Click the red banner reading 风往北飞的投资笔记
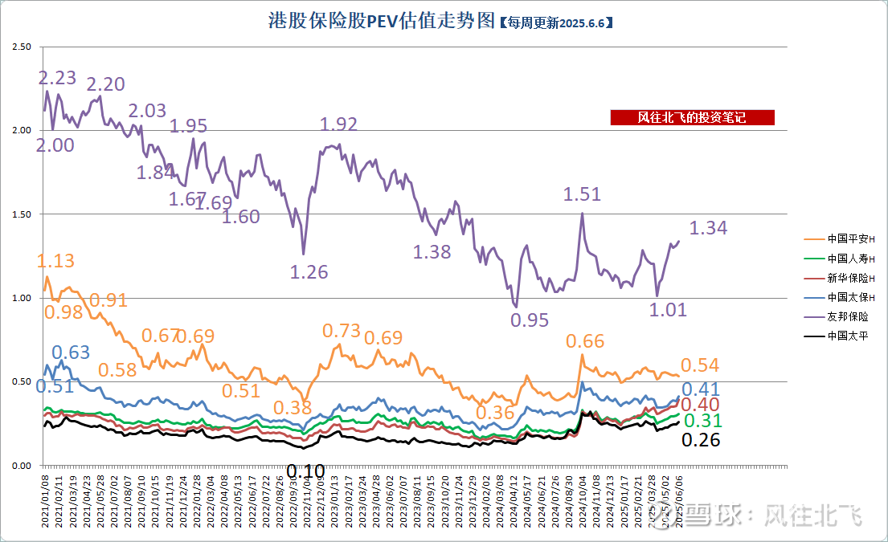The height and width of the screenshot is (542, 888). [692, 118]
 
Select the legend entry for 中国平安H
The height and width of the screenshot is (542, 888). [840, 239]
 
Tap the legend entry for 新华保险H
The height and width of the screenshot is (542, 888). [840, 278]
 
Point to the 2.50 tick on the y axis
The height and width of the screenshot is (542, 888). [22, 47]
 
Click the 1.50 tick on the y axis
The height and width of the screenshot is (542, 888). [22, 214]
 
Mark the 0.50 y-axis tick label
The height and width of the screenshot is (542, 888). [22, 381]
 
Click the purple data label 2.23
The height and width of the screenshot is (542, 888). [58, 78]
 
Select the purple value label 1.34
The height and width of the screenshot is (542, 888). [708, 228]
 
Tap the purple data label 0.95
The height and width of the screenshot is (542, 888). [530, 320]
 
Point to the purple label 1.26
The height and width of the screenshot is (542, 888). [309, 271]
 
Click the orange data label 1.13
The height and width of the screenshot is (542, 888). [55, 261]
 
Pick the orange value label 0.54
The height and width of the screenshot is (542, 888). [700, 365]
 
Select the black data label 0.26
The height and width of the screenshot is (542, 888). [701, 439]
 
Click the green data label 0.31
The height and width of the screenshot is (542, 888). [702, 421]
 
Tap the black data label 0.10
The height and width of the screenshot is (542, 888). [305, 471]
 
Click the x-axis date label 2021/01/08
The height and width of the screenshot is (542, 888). [46, 501]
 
